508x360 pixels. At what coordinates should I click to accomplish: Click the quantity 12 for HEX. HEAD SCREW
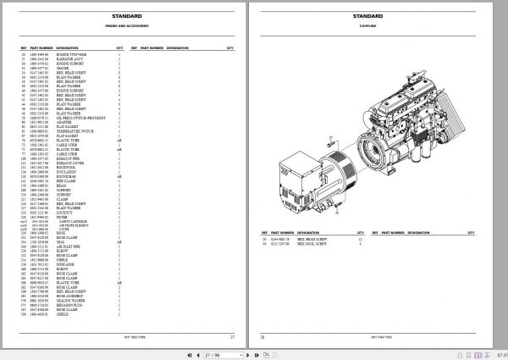pos(360,240)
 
